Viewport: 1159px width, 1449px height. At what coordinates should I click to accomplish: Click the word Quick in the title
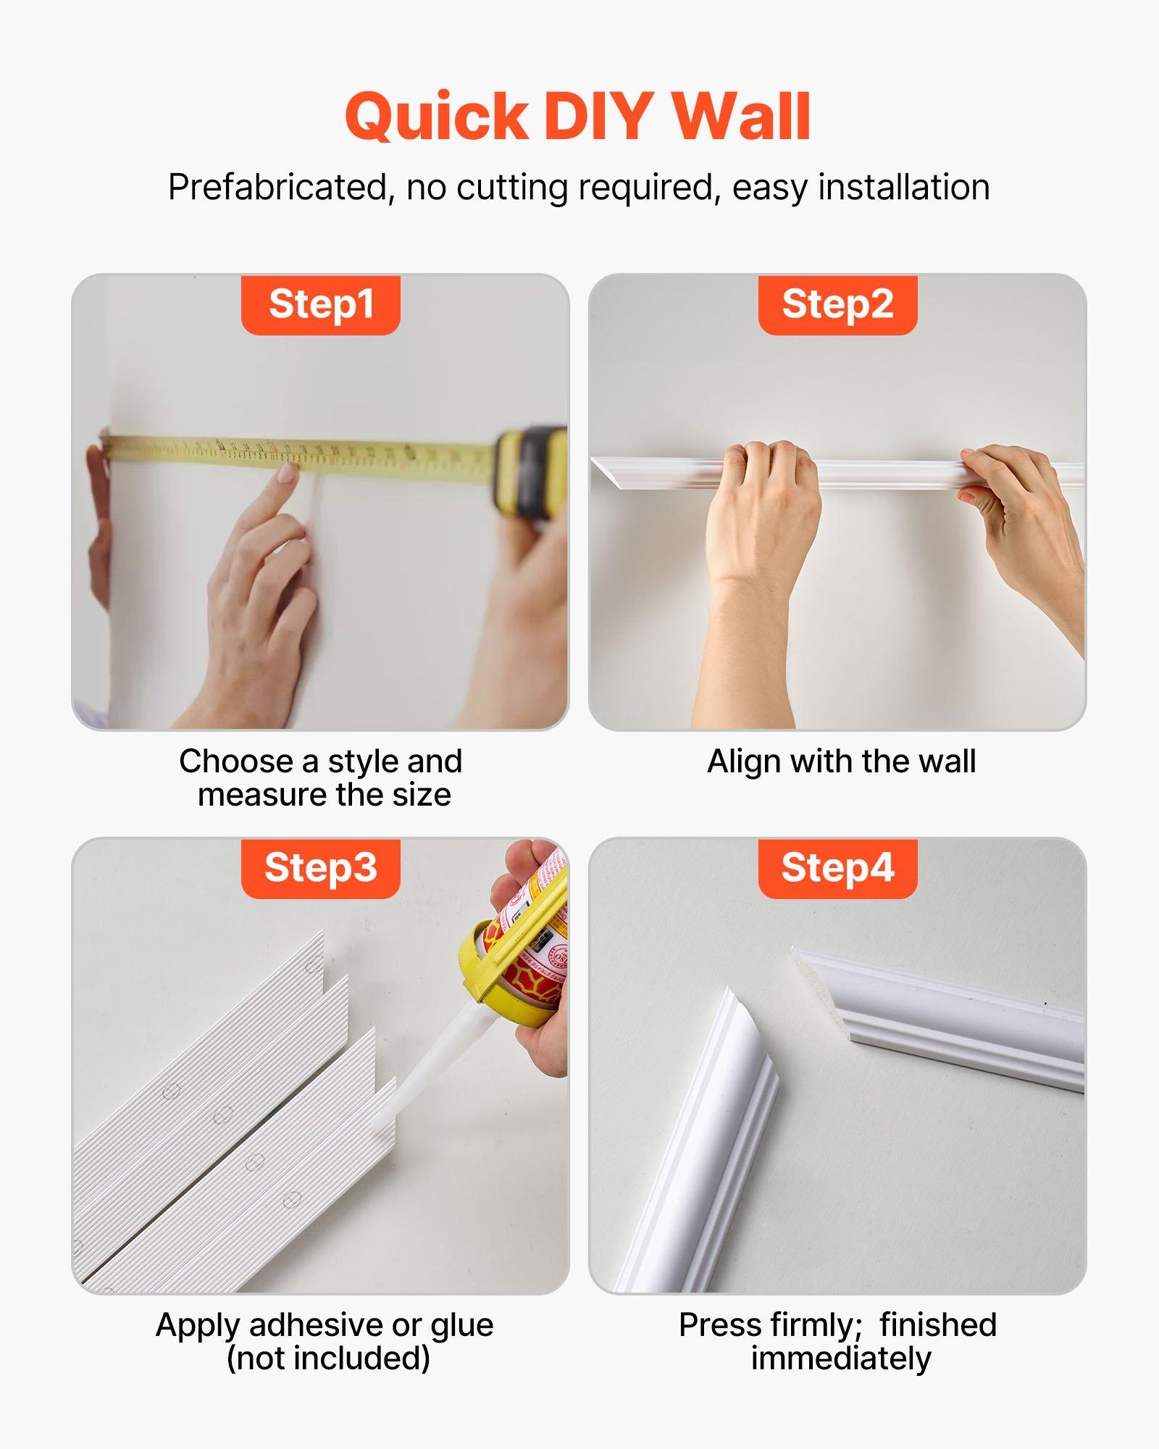437,117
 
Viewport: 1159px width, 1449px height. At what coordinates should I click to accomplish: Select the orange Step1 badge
320,304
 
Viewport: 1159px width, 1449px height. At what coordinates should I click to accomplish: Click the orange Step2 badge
837,304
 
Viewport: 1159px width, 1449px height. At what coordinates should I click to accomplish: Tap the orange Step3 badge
320,868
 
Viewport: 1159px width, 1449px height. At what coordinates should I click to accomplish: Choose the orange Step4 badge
837,868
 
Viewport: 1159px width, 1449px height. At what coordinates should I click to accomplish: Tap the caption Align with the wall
841,761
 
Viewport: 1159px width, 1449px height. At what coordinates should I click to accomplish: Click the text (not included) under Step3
328,1358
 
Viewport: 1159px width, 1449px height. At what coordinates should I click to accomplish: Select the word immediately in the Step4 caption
840,1358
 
